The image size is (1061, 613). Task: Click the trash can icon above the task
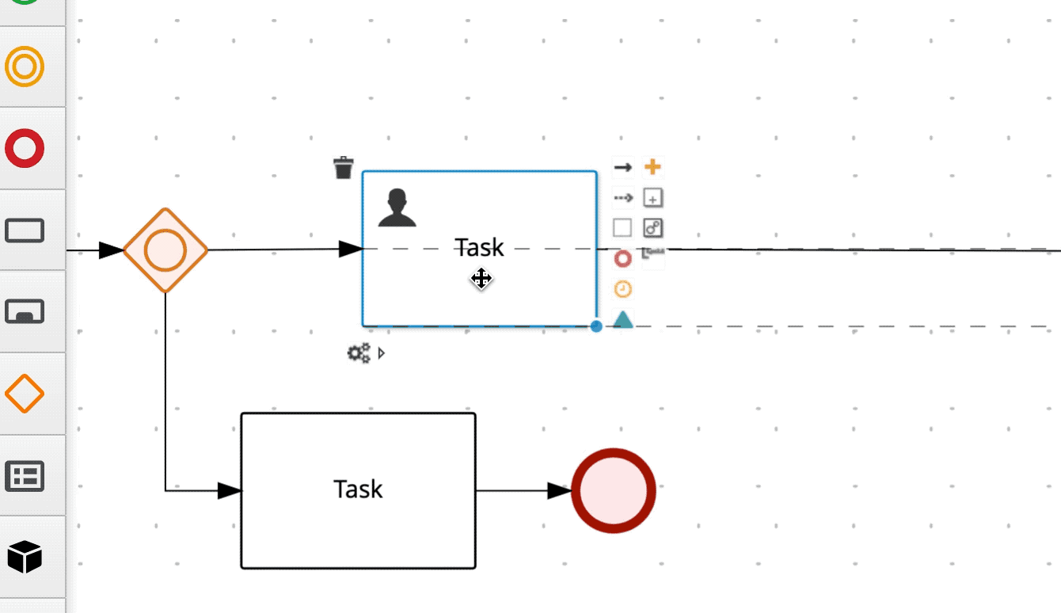(x=343, y=167)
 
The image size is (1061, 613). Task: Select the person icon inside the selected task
(x=397, y=208)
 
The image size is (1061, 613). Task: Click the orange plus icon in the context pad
(x=652, y=167)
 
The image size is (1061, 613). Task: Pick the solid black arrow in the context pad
(x=623, y=167)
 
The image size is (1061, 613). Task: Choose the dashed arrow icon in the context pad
(x=623, y=197)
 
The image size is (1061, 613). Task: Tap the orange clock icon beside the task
(x=623, y=289)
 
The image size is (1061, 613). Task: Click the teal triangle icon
(x=623, y=319)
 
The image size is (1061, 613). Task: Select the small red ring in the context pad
(x=623, y=258)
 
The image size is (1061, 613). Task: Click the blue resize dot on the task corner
(x=596, y=326)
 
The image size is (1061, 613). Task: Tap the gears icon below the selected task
(x=359, y=353)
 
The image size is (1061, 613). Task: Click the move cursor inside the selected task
(x=481, y=279)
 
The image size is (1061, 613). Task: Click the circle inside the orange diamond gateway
(x=165, y=250)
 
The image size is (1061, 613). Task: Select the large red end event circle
(x=614, y=491)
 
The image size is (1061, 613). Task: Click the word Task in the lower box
(x=358, y=489)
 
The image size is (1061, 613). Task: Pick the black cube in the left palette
(x=25, y=557)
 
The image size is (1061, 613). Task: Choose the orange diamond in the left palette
(x=25, y=393)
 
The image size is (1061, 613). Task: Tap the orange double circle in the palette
(x=25, y=67)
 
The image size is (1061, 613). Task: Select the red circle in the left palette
(x=25, y=148)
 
